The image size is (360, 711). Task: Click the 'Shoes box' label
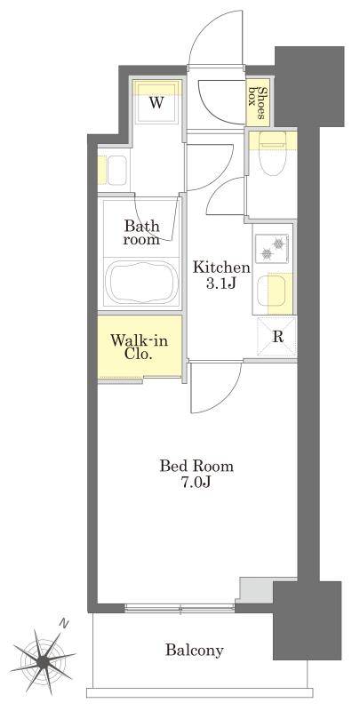coord(256,103)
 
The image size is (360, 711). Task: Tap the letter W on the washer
coord(156,103)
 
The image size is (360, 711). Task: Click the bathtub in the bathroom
coord(141,283)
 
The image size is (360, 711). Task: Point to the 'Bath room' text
coord(141,232)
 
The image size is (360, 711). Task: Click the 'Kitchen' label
coord(221,268)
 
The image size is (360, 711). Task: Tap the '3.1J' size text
coord(221,284)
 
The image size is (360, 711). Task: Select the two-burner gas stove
coord(272,249)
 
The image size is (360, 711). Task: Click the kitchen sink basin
coord(271,291)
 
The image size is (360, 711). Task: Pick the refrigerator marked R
coord(277,337)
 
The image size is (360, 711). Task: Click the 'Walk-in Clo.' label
coord(140,347)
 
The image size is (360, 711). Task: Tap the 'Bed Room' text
coord(196,466)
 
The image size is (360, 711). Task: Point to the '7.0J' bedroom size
coord(196,483)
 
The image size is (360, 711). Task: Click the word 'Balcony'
coord(195,651)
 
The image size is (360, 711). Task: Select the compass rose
coord(43,659)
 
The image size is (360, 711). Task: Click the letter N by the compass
coord(64,625)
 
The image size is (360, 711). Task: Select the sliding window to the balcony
coord(180,608)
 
